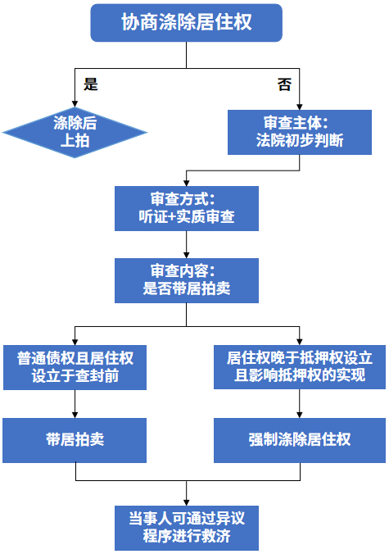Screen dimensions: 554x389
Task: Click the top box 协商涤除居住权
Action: pos(187,23)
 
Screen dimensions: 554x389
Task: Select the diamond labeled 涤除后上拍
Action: pos(75,132)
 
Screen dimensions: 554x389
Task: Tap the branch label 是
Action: pos(91,84)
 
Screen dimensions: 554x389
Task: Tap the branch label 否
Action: pos(283,84)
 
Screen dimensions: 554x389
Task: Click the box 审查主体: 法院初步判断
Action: pos(300,132)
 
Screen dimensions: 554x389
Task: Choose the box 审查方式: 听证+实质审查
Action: pos(187,208)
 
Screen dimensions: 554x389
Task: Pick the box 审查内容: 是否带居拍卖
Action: pos(187,280)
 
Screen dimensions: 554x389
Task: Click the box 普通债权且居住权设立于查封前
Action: pos(75,366)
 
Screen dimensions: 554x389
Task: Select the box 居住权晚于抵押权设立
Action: pos(300,366)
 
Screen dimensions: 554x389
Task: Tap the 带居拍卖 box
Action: pos(75,439)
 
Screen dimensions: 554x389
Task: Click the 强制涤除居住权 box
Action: pos(300,439)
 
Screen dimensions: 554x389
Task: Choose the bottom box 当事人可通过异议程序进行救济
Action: pos(187,529)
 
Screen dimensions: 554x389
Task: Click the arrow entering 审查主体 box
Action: pos(300,100)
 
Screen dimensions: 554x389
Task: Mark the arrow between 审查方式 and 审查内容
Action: pos(187,246)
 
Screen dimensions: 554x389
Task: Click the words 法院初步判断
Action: pos(300,141)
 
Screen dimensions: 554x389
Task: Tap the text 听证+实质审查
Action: pos(187,217)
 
